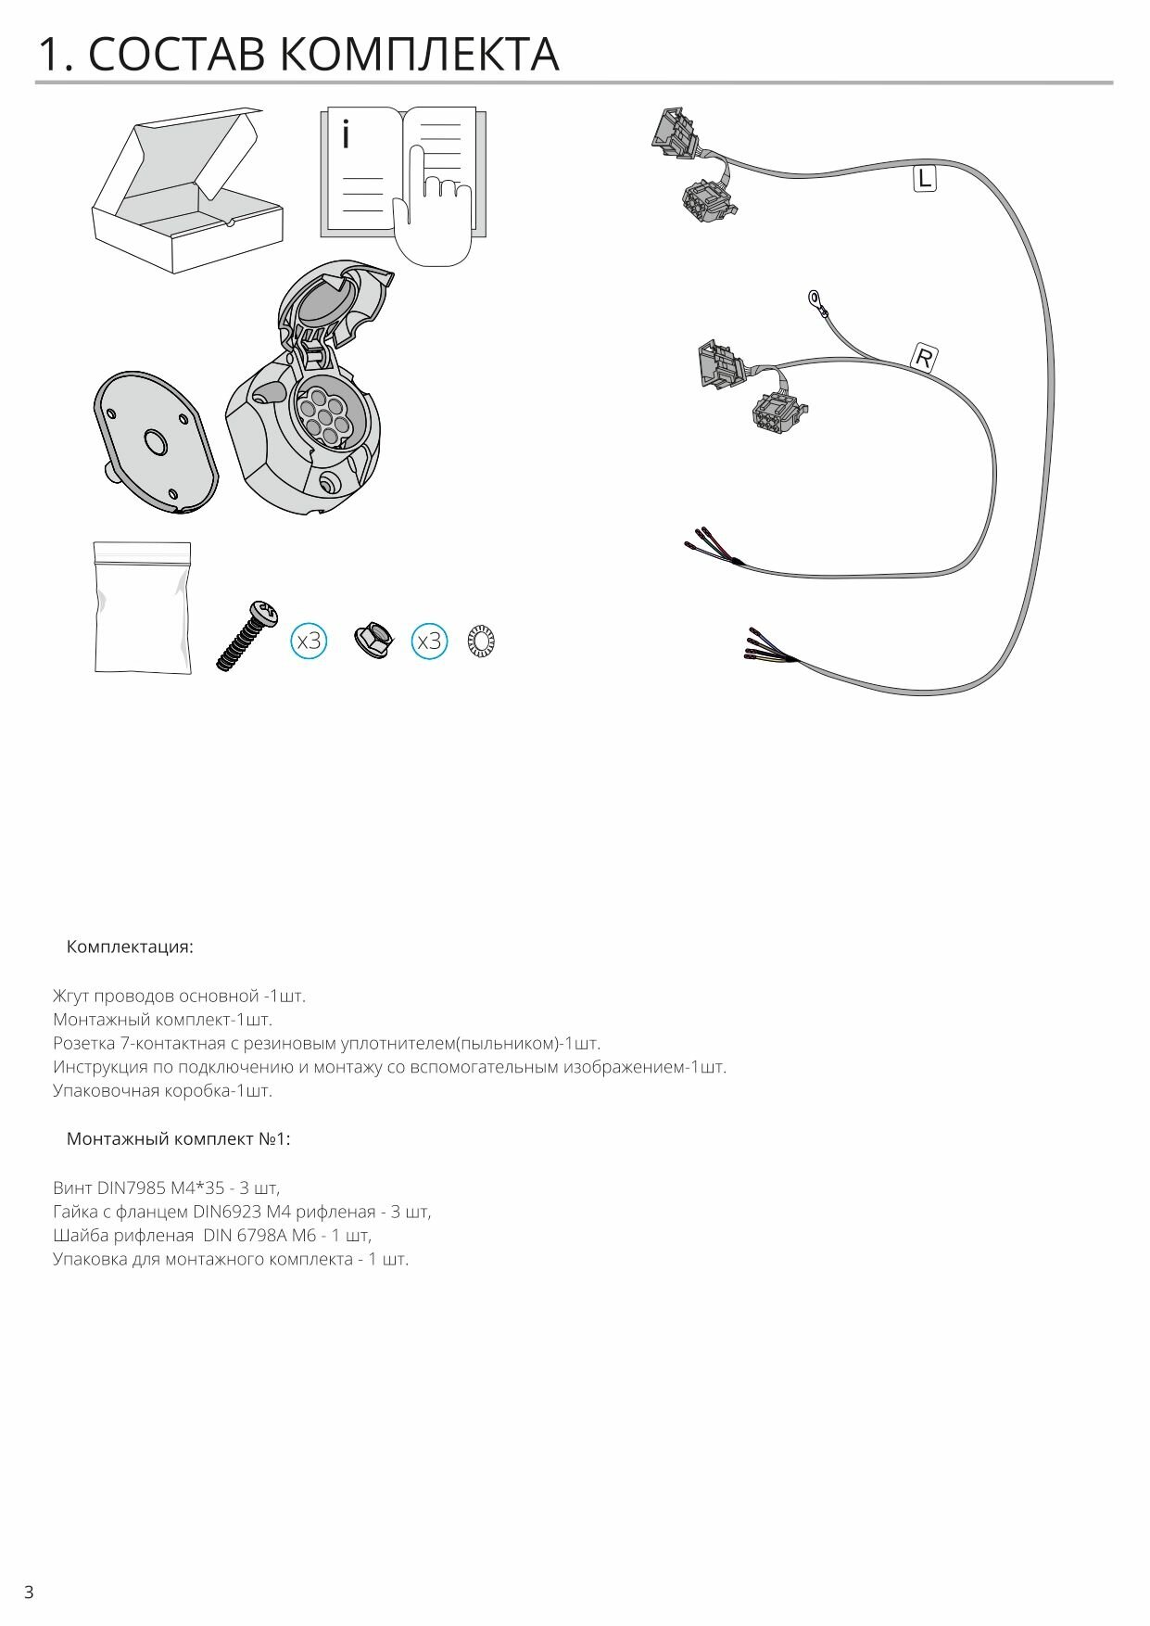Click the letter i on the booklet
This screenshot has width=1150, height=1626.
346,134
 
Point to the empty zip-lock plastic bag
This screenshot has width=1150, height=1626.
143,608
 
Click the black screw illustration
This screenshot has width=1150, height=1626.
246,635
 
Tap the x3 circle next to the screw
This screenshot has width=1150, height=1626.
309,641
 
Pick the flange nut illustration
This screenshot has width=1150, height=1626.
373,640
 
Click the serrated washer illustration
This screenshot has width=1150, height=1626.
481,642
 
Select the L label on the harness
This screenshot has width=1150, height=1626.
924,178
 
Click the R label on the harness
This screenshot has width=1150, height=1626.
924,358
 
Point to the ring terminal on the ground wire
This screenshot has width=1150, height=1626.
815,299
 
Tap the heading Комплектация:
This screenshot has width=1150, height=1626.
130,947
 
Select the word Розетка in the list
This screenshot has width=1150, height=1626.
83,1043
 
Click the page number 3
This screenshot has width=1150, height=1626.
29,1593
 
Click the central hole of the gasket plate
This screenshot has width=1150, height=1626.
154,441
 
